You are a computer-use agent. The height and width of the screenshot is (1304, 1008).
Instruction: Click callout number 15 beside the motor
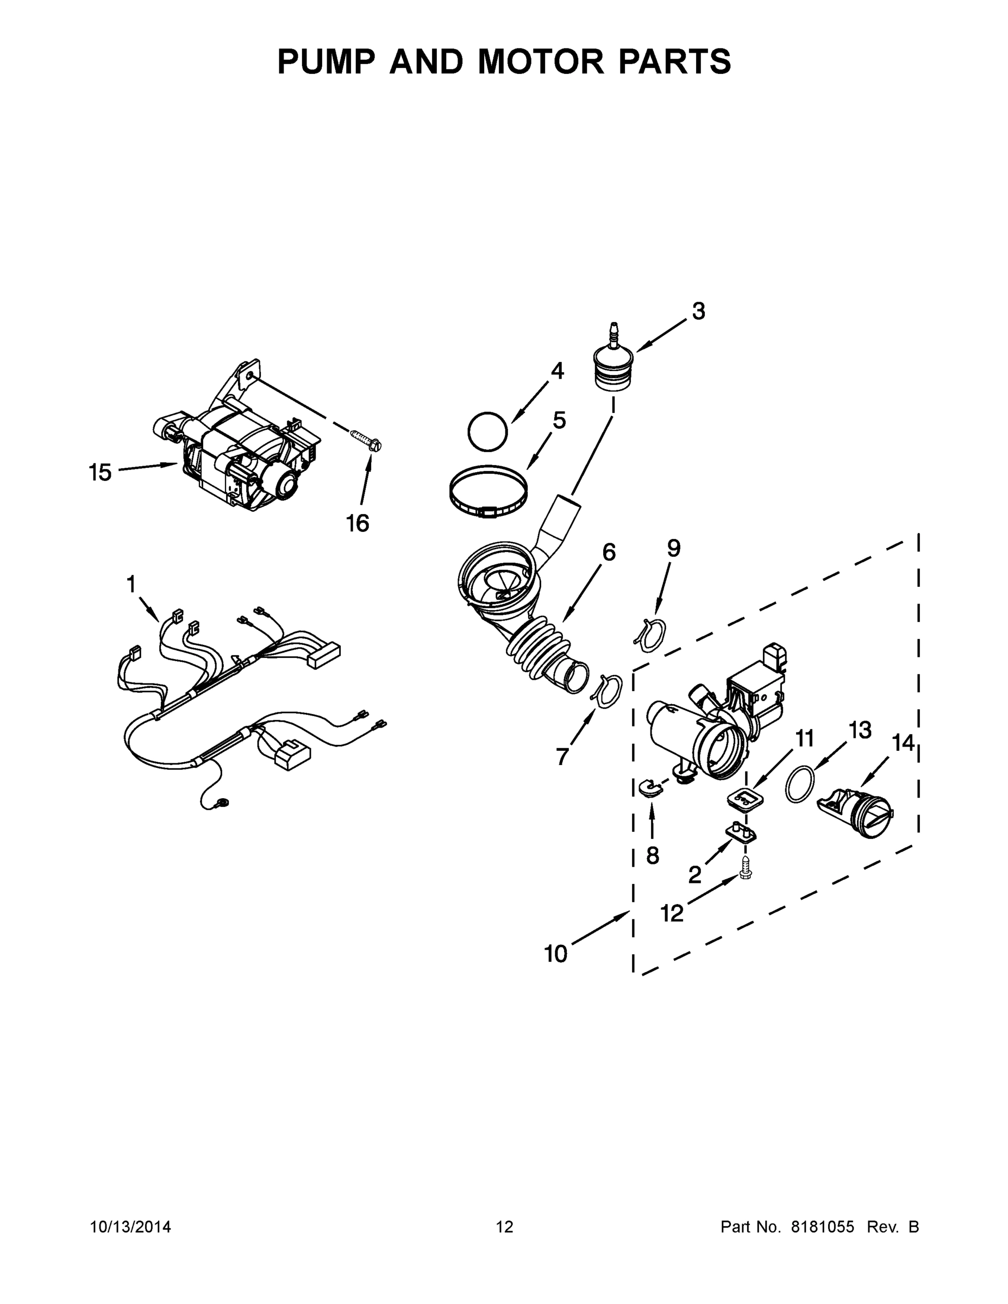click(x=100, y=472)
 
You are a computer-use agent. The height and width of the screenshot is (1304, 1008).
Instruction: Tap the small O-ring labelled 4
click(x=487, y=431)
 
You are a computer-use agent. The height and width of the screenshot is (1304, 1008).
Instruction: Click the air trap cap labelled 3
click(x=612, y=367)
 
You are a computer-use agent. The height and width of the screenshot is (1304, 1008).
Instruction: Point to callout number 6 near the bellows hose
click(x=609, y=552)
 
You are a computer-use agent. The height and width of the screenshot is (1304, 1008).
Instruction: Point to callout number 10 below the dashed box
click(x=555, y=954)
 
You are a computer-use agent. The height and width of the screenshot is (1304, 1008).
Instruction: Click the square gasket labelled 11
click(x=743, y=798)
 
